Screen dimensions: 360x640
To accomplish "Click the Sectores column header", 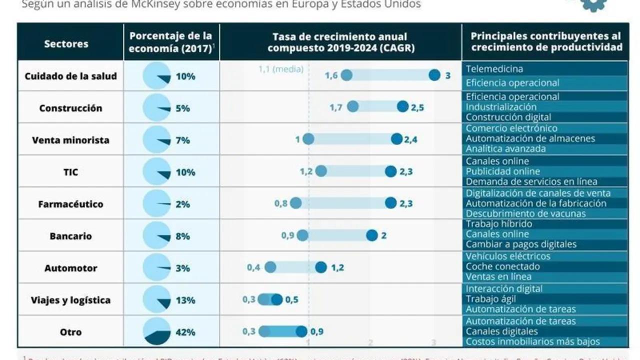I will (x=66, y=43).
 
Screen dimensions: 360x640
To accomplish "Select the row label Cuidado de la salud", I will (x=70, y=76).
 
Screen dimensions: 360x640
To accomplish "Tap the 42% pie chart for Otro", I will (x=156, y=331).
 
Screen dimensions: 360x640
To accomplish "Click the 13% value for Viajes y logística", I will (x=185, y=300).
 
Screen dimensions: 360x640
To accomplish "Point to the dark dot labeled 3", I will (x=434, y=75).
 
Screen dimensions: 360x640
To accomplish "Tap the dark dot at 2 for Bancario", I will (x=371, y=235).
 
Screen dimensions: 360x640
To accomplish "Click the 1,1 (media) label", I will (x=281, y=69).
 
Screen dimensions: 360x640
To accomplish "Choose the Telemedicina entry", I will (x=494, y=68).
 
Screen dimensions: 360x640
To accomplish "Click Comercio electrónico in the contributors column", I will (x=511, y=128).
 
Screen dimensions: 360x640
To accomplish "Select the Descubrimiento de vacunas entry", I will (x=525, y=213).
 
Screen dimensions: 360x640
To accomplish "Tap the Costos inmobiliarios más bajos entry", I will (x=532, y=341).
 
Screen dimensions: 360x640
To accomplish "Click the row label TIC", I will (x=70, y=172).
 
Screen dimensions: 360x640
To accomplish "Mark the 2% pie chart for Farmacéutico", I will (x=156, y=204).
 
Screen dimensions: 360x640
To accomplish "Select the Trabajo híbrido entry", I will (x=498, y=223).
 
